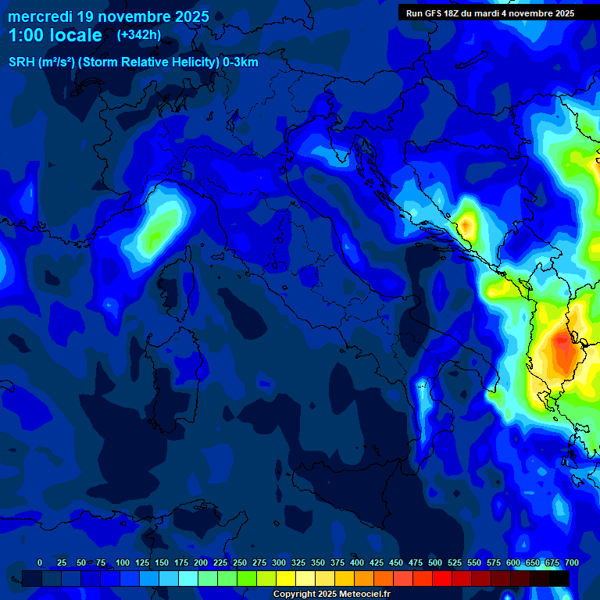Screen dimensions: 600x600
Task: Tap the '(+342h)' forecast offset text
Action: pos(139,35)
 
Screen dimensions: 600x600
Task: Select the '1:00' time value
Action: pos(26,35)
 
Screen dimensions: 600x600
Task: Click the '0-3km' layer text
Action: pos(241,62)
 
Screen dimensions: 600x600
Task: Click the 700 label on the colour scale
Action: pos(571,563)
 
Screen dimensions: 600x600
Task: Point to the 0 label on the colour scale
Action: pos(40,563)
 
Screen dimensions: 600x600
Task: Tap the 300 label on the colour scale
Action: pos(279,563)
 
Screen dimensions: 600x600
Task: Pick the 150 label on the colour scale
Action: pos(162,563)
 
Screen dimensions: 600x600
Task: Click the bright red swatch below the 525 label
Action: pos(442,578)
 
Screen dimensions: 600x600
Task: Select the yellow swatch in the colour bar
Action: pos(286,578)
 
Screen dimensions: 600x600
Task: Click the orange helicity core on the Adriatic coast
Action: pos(466,225)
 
